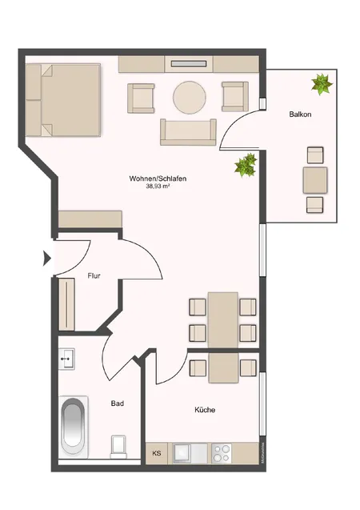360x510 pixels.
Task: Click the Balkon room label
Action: point(300,115)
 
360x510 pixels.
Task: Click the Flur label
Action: point(93,276)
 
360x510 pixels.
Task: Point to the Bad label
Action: point(117,404)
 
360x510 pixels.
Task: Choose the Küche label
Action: point(205,410)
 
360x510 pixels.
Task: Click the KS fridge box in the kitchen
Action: point(157,453)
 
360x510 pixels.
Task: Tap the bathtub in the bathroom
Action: point(73,428)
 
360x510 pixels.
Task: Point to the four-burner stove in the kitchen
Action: point(222,453)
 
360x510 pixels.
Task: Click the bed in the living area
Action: point(63,99)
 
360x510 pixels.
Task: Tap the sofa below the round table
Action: point(189,131)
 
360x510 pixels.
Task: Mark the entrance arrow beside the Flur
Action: point(46,258)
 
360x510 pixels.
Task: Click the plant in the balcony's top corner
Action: point(322,83)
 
